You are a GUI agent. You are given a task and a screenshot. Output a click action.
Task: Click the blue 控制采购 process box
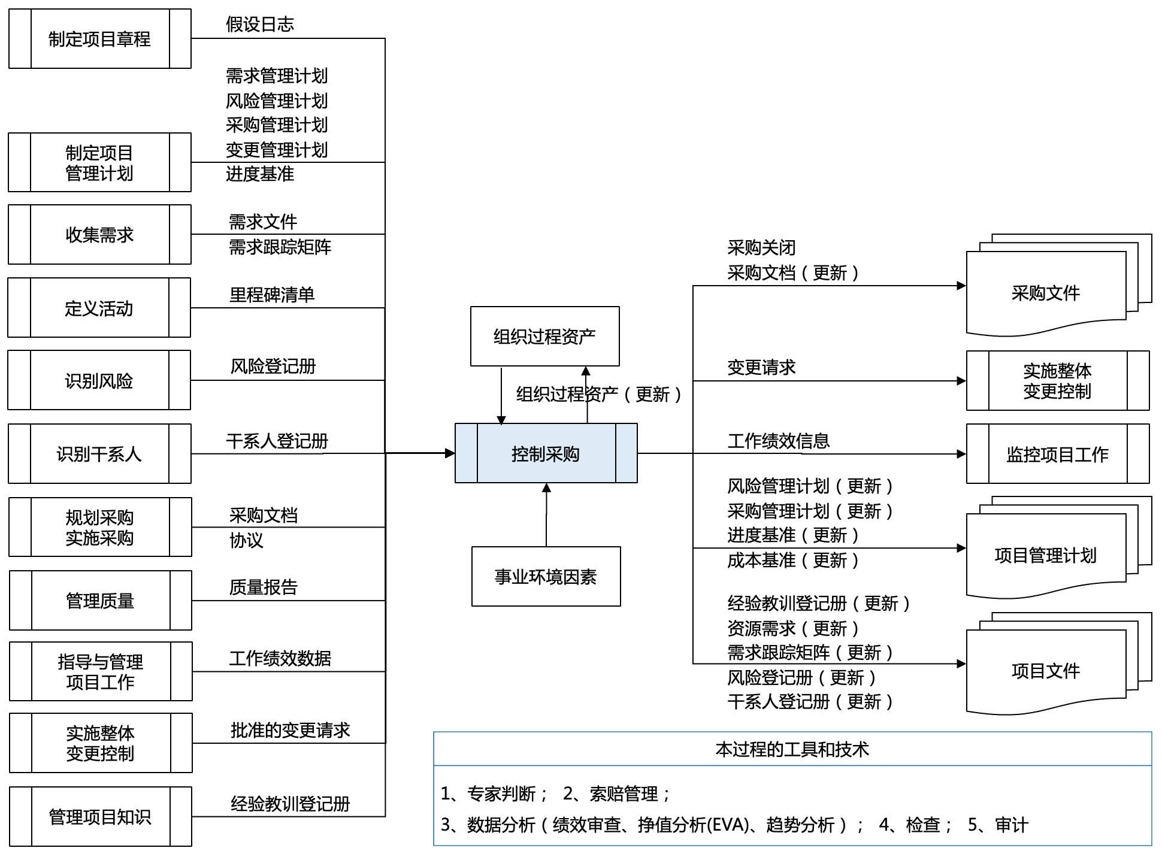tap(546, 453)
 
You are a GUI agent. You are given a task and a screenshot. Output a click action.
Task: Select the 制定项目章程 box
tap(99, 39)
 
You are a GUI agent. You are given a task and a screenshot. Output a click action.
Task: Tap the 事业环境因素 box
tap(546, 576)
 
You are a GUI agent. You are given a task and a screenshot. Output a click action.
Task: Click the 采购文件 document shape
tap(1045, 293)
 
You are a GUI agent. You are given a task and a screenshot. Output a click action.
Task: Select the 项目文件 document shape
tap(1045, 671)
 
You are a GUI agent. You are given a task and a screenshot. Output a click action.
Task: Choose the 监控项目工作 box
tap(1057, 454)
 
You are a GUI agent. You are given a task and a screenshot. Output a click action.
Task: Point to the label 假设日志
tap(260, 25)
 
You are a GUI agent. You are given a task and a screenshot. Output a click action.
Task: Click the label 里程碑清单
tap(272, 295)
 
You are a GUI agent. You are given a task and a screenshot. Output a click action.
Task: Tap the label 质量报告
tap(263, 587)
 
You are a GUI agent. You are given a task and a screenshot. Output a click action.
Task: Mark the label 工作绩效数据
tap(280, 658)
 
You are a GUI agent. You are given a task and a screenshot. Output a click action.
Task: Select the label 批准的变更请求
tap(290, 730)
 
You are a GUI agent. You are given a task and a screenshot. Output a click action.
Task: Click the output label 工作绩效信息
tap(778, 441)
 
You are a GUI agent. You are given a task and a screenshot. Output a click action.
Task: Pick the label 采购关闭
tap(761, 247)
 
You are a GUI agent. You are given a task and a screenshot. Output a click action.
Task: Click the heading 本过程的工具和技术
tap(792, 749)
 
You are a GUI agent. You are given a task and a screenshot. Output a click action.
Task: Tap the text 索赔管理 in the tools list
tap(624, 794)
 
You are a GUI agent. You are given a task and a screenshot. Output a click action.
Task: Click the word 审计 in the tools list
tap(1011, 825)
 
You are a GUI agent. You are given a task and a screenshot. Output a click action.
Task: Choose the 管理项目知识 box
tap(100, 817)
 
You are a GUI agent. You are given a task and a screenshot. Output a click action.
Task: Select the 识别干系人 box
tap(99, 454)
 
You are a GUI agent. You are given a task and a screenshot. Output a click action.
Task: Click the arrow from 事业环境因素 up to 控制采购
tap(546, 515)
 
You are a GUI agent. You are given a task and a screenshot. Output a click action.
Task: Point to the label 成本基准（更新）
tap(793, 561)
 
